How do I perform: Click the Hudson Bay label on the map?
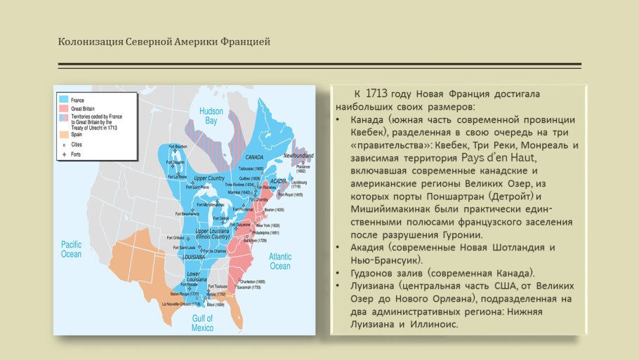[211, 116]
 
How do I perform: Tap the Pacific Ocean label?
[71, 248]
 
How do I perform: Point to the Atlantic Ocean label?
[279, 261]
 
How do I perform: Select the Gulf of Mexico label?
[202, 322]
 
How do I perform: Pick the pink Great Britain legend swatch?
[64, 109]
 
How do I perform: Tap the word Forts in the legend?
[77, 152]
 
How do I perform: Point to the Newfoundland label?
[298, 154]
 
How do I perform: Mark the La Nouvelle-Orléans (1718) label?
[180, 304]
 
